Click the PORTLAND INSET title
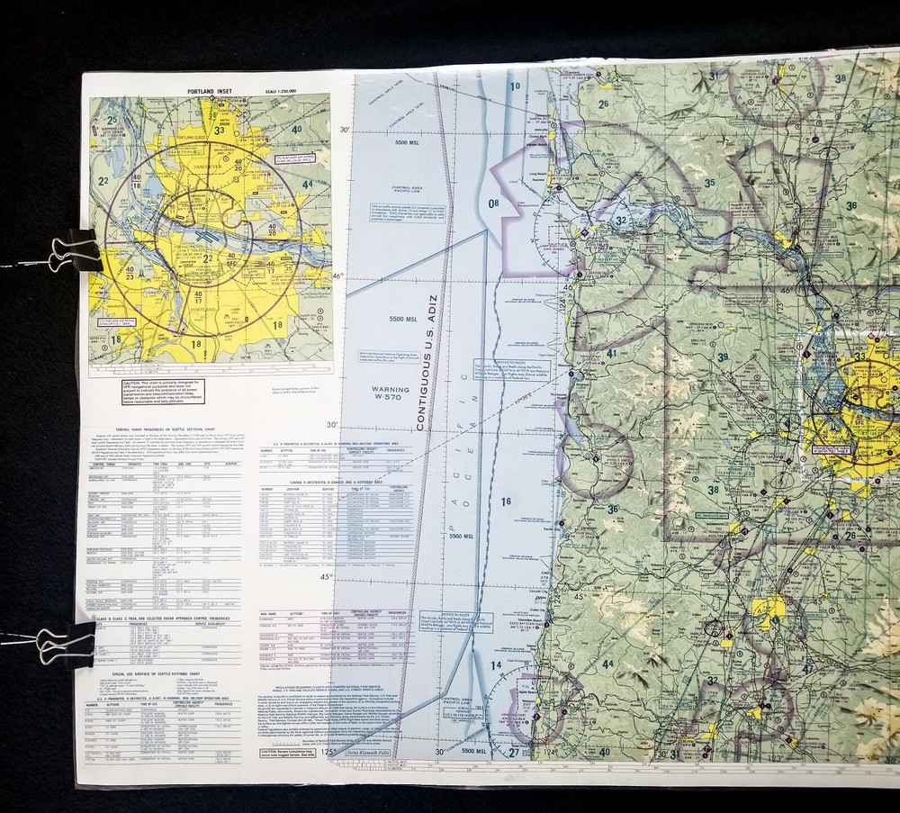[209, 92]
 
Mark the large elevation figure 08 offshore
[493, 203]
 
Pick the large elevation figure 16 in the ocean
[506, 501]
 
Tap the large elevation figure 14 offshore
[496, 665]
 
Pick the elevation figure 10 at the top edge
[515, 86]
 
